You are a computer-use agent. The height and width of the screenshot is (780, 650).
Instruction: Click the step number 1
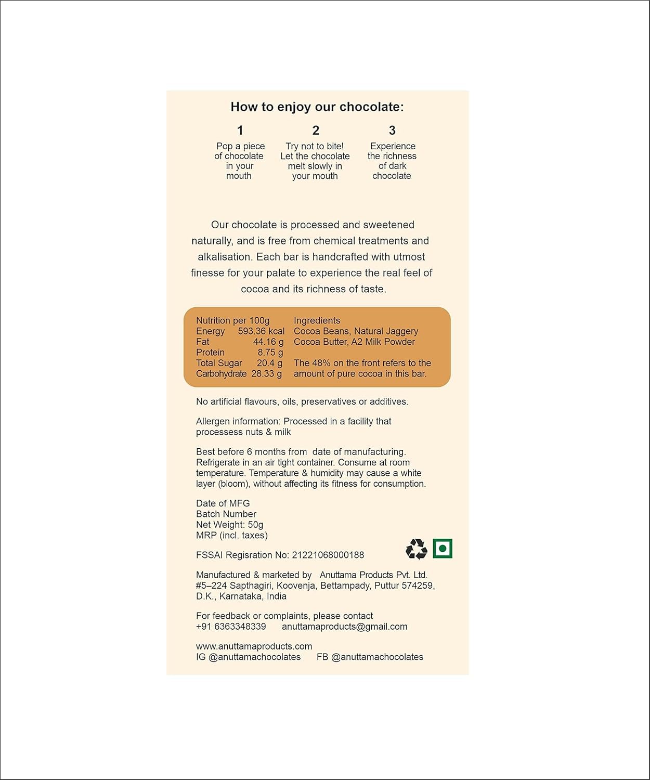[x=240, y=131]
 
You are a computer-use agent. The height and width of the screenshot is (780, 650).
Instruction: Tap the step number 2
[x=316, y=131]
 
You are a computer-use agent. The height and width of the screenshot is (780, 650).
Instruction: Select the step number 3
[x=392, y=131]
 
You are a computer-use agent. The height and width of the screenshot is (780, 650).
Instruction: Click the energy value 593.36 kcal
[x=261, y=331]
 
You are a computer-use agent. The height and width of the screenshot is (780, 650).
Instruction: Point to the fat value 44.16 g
[x=268, y=342]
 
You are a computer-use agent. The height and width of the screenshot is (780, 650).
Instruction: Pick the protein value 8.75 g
[x=270, y=353]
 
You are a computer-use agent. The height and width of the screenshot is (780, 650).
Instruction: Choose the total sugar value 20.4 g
[x=269, y=363]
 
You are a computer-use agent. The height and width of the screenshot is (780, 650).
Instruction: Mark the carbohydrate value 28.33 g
[x=266, y=374]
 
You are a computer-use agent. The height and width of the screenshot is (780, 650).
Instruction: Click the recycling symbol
[x=416, y=549]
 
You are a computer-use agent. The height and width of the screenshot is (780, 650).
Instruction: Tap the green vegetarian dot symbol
[x=443, y=548]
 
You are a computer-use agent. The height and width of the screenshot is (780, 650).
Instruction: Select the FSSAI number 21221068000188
[x=328, y=555]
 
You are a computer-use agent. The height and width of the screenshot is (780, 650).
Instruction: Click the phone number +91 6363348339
[x=231, y=627]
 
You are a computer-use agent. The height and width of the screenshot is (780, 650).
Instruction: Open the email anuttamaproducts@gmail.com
[x=344, y=627]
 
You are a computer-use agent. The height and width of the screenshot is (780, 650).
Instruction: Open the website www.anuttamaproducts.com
[x=254, y=646]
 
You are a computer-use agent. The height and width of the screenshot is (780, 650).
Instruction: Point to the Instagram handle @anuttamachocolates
[x=254, y=657]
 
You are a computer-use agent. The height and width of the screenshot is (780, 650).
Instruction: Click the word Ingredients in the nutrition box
[x=317, y=321]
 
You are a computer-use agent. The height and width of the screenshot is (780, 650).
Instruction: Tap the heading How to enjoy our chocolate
[x=317, y=107]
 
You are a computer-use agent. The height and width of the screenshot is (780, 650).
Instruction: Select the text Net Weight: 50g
[x=229, y=525]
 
